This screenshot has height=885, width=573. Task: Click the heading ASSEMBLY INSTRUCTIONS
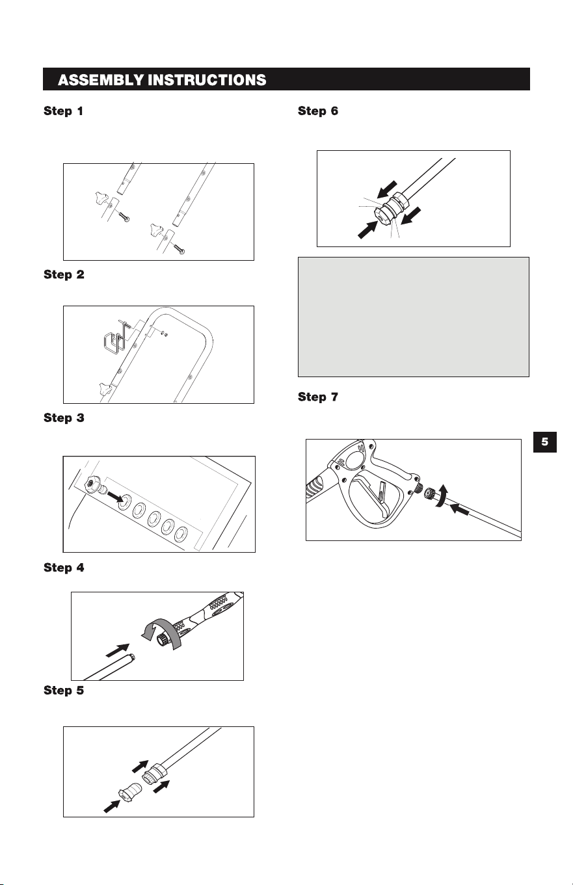click(162, 80)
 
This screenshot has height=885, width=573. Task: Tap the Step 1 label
click(64, 111)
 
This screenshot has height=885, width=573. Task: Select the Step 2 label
click(64, 274)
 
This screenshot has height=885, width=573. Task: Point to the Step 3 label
click(64, 418)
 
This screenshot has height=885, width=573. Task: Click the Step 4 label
click(64, 568)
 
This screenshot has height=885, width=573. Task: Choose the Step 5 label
click(64, 690)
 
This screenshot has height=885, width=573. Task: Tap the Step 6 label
click(318, 111)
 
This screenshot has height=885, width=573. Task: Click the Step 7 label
click(318, 397)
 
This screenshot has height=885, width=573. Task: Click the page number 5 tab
click(545, 442)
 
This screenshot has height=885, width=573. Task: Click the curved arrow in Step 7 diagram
click(442, 497)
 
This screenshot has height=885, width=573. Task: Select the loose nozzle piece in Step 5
click(130, 791)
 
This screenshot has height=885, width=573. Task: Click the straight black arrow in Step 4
click(118, 650)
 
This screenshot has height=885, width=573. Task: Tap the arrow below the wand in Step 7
click(460, 509)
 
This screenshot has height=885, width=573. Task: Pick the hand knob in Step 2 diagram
click(105, 389)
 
